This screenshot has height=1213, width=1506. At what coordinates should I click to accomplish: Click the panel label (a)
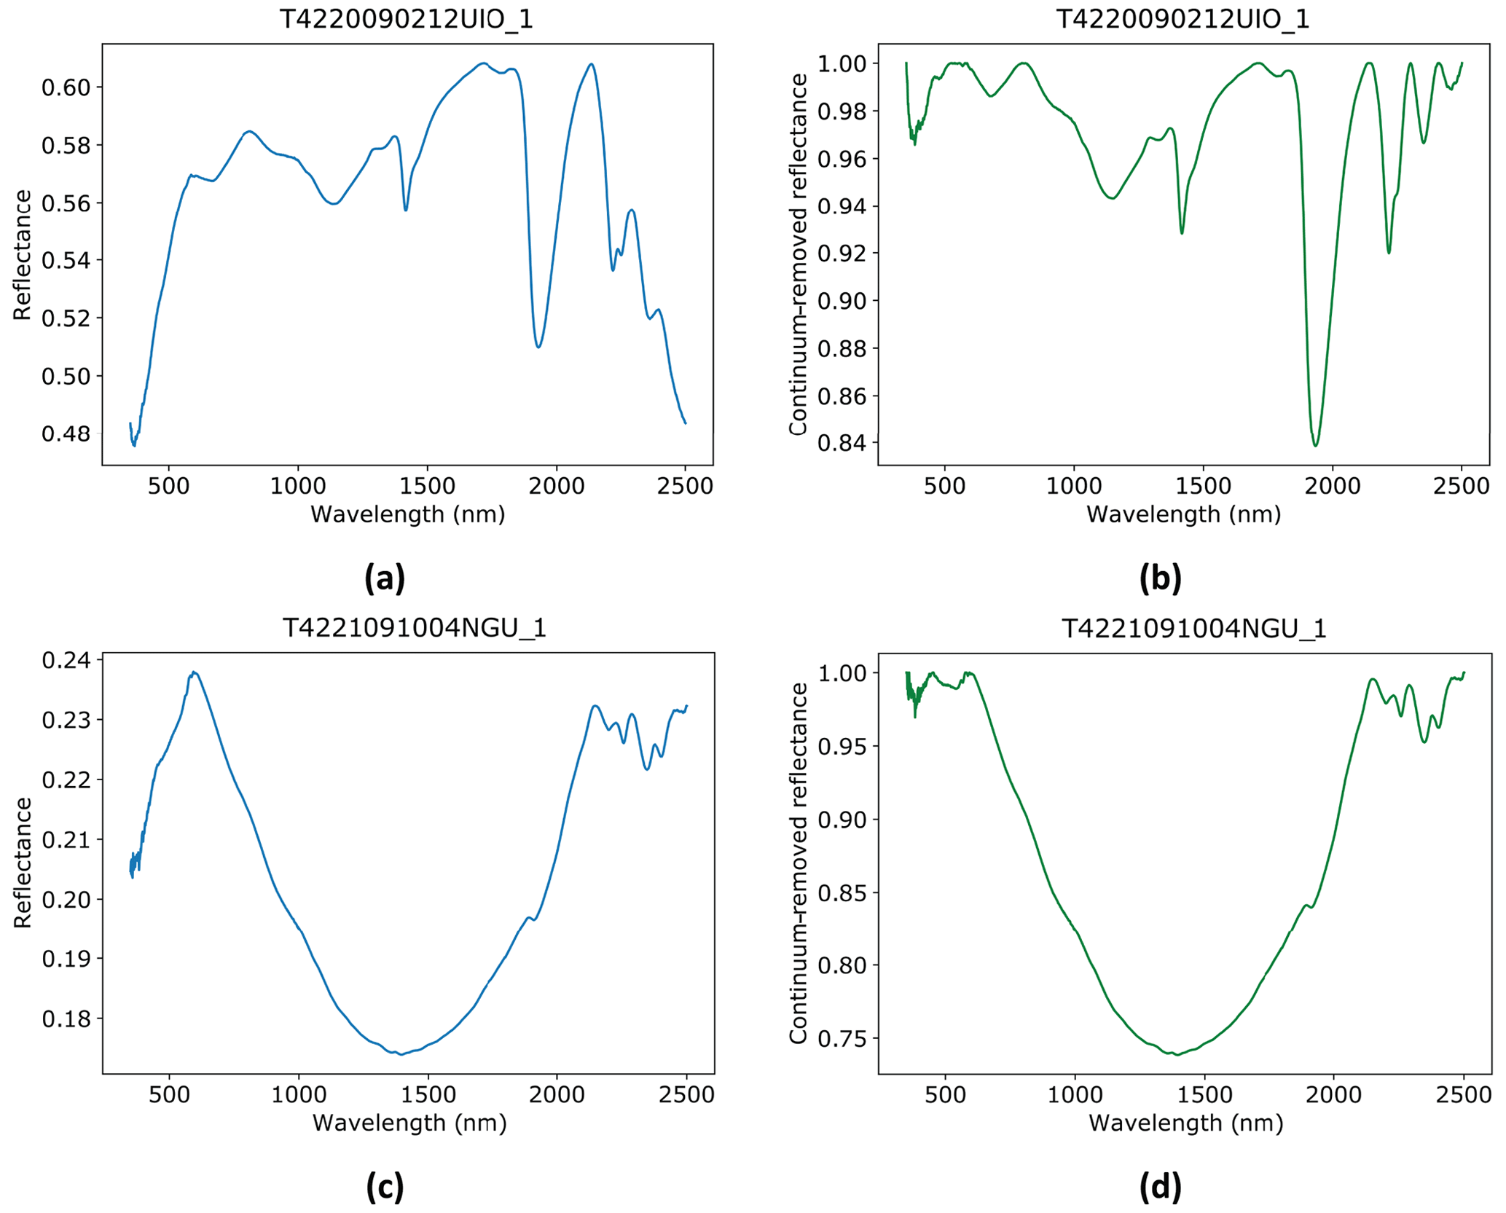coord(384,578)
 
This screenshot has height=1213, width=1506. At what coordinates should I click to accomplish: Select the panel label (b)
coord(1160,578)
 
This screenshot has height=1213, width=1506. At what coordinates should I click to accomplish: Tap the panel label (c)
coord(384,1187)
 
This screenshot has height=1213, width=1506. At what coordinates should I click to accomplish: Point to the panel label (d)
coord(1160,1187)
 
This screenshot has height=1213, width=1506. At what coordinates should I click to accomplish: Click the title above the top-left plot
coord(407,20)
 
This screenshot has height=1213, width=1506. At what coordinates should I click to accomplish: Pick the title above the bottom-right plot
coord(1193,628)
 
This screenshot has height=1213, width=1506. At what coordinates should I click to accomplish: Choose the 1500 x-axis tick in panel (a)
coord(427,486)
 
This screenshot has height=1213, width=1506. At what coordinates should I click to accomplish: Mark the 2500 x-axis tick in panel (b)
coord(1462,486)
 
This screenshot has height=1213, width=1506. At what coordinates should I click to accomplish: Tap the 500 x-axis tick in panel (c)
coord(169,1094)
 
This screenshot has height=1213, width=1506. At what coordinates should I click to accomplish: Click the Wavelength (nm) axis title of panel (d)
coord(1185,1123)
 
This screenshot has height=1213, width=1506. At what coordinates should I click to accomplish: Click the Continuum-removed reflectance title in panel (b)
coord(799,254)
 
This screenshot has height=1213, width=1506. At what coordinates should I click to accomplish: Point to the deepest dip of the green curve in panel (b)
coord(1315,445)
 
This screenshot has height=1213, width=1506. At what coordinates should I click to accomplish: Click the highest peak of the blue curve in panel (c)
coord(194,672)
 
